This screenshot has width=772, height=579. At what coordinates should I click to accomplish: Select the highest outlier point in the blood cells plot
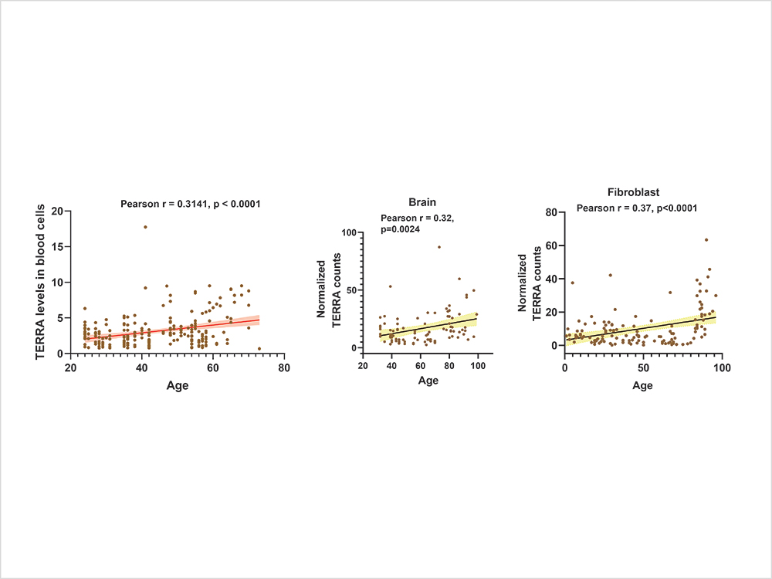pos(145,227)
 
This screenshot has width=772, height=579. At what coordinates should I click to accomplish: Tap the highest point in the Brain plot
pos(439,247)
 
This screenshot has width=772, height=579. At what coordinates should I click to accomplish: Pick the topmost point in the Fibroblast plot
pos(706,239)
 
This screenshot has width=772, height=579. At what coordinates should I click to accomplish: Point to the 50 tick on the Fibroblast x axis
pos(643,361)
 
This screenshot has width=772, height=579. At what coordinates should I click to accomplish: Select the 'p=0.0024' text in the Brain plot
pos(400,229)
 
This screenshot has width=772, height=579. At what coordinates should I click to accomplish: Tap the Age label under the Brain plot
pos(428,381)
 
